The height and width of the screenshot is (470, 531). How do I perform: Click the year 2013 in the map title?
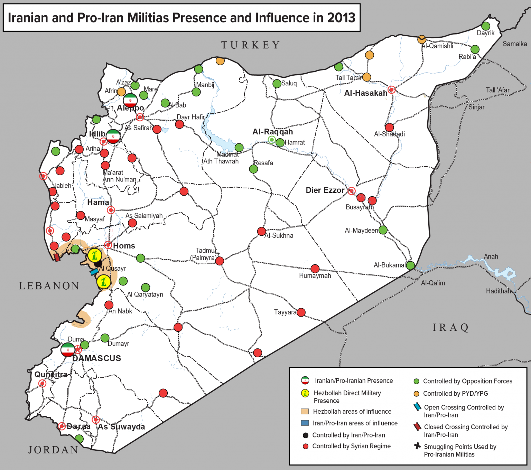coord(341,18)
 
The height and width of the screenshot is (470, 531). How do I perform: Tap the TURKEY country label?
coord(251,45)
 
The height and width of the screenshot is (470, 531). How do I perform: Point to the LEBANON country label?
coord(49,286)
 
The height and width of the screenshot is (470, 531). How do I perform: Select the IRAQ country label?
coord(450,327)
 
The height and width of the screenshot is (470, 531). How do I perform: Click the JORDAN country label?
coord(53,450)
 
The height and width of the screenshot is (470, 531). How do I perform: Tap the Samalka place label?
coord(514,44)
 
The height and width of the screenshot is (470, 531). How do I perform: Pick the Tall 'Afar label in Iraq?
coord(497,90)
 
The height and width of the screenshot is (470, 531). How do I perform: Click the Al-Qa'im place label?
coord(433,283)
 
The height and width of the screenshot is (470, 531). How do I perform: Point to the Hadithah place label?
coord(498,291)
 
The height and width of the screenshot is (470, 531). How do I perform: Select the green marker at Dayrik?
coord(486,26)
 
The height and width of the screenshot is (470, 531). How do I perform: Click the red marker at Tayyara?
coord(301,312)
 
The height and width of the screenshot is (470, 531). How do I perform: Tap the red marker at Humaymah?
coord(315,269)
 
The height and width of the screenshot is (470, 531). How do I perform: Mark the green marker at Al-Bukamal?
coord(410,265)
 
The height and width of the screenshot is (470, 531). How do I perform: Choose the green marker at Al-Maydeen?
coord(383,230)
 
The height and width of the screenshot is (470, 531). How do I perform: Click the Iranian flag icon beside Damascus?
coord(68,350)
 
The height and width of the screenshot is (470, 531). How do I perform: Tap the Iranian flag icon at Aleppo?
coord(130,100)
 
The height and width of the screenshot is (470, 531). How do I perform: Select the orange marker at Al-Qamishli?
coord(422,39)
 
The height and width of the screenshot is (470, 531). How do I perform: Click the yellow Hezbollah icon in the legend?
coord(305,393)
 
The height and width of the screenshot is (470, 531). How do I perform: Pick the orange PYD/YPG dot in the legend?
coord(417,394)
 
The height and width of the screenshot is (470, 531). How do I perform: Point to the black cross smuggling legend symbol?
coord(417,446)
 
